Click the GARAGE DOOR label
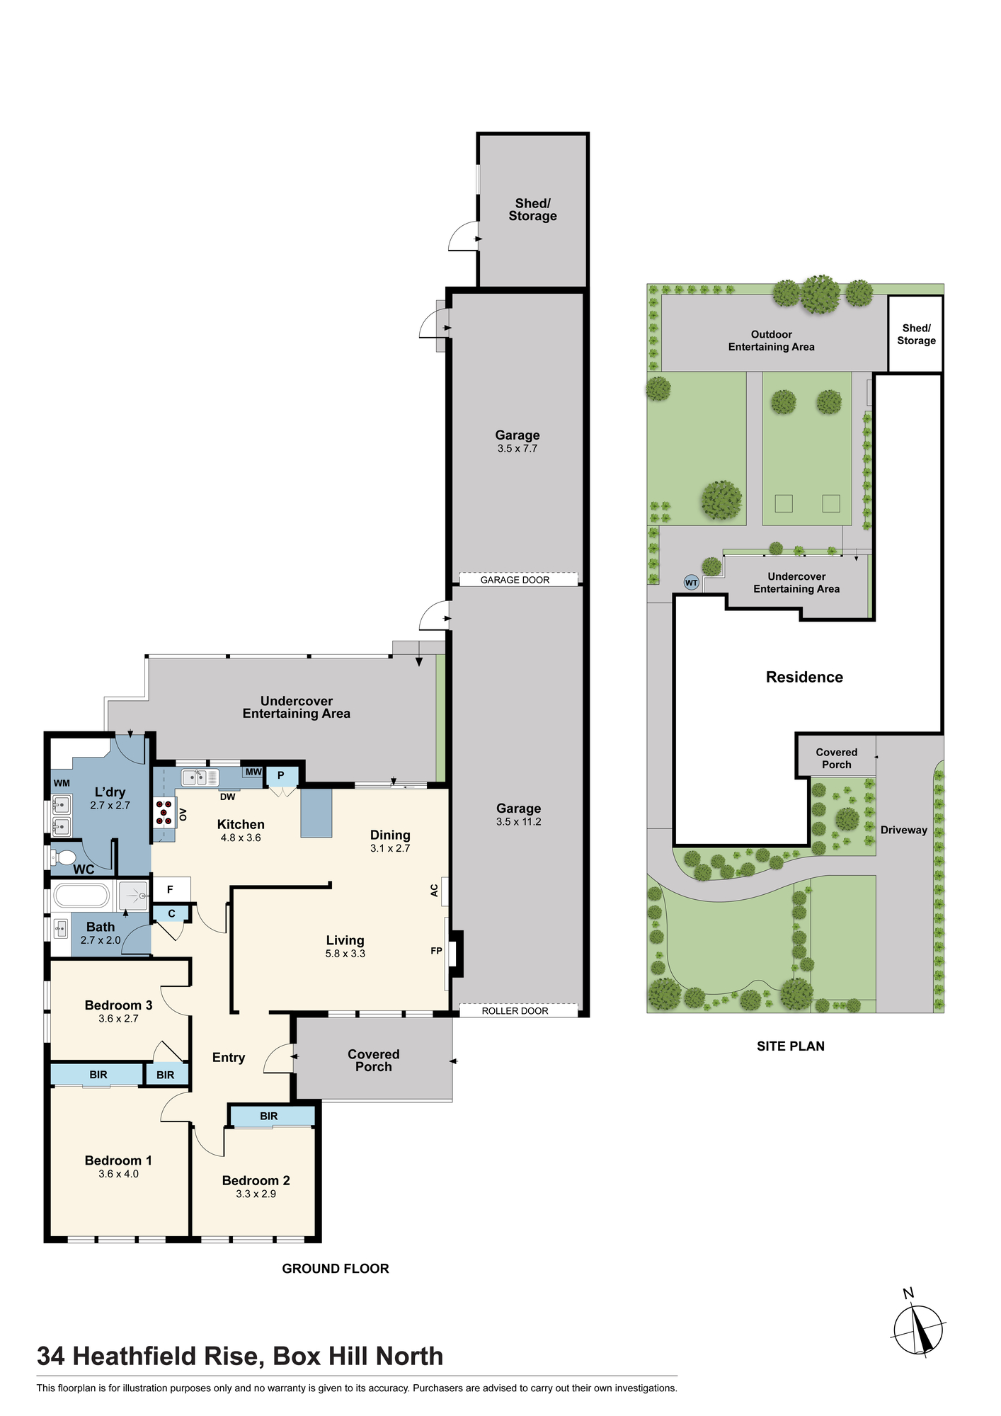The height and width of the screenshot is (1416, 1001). [515, 580]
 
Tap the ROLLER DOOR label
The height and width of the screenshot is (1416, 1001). [515, 1011]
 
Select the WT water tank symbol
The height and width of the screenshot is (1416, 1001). [691, 583]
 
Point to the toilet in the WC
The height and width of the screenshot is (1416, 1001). [64, 857]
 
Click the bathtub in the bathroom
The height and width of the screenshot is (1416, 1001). [82, 896]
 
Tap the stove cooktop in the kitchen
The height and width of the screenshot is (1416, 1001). [164, 812]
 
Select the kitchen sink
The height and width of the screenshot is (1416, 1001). [200, 777]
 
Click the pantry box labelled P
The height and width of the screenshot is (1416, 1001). [281, 776]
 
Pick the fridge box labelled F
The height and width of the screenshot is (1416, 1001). [170, 889]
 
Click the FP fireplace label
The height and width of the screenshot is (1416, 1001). [436, 951]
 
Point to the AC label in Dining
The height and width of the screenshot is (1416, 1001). [435, 891]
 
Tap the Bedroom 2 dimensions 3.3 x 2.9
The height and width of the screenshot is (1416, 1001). [256, 1194]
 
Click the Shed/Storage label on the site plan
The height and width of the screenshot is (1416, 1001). [916, 334]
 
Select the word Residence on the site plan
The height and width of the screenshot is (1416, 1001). [804, 677]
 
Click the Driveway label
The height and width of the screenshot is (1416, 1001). [903, 830]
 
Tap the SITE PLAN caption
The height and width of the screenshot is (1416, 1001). [790, 1046]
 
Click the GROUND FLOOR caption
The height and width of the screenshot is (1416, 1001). [336, 1268]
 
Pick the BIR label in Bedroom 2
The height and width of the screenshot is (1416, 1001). [268, 1116]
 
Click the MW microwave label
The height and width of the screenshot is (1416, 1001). [253, 772]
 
